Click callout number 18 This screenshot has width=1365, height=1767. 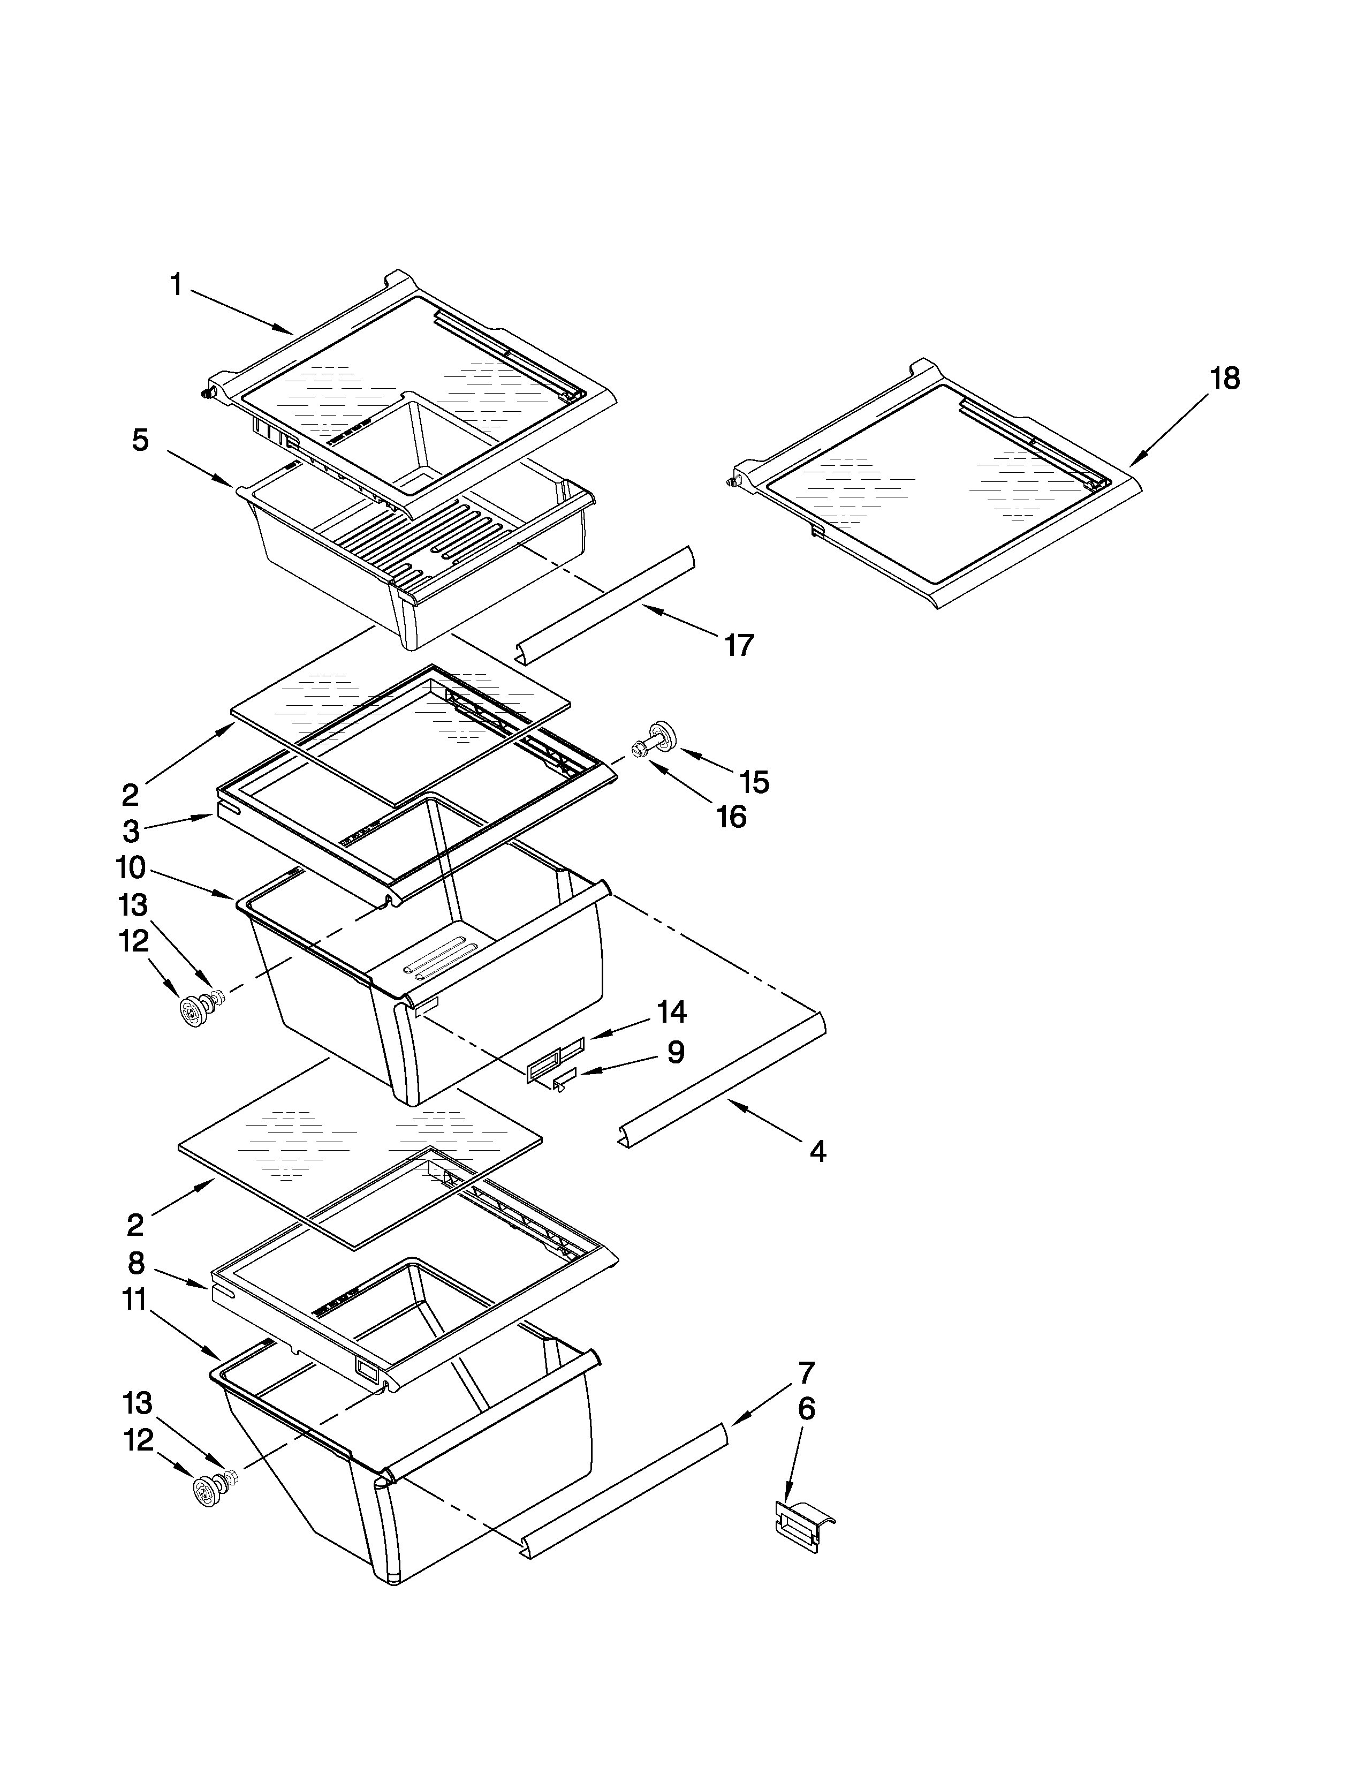1224,379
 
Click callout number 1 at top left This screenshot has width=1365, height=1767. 176,285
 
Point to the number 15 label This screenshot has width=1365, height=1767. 754,782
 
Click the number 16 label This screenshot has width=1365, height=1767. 731,817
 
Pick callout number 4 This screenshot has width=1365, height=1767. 817,1151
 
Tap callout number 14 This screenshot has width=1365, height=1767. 671,1011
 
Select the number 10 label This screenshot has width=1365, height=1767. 130,868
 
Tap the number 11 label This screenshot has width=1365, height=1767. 134,1300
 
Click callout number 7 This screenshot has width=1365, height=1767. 806,1373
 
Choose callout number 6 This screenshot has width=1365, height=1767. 806,1409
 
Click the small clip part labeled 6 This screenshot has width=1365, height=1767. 803,1525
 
